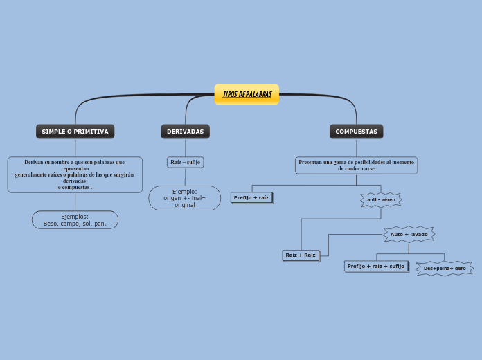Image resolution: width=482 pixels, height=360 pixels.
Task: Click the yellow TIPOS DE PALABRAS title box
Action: [x=247, y=94]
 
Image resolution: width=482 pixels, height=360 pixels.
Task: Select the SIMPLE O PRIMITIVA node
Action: [x=75, y=132]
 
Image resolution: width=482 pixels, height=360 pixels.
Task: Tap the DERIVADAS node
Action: [x=185, y=132]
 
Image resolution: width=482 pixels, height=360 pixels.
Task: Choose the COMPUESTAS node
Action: [x=356, y=132]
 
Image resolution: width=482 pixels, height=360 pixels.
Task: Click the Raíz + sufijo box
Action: [x=185, y=162]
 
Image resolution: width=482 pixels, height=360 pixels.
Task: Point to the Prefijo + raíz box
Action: [x=251, y=197]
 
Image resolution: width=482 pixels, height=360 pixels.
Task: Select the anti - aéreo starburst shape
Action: [x=381, y=199]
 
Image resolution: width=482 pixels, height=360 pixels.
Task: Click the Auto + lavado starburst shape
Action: [x=409, y=234]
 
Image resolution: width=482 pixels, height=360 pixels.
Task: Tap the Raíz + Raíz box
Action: [x=301, y=255]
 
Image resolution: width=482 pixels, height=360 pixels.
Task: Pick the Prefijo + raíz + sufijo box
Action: [x=375, y=266]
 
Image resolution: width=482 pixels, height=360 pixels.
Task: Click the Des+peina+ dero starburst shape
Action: [x=445, y=268]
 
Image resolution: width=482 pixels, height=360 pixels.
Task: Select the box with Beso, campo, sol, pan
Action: [x=75, y=220]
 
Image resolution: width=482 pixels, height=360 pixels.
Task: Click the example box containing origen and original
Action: [x=185, y=198]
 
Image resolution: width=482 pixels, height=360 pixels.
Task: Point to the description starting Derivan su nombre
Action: [x=75, y=174]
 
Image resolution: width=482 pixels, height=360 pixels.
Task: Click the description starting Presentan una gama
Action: [x=356, y=165]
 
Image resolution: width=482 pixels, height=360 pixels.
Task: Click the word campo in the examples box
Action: [x=70, y=224]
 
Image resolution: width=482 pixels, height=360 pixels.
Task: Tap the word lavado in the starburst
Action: [x=418, y=234]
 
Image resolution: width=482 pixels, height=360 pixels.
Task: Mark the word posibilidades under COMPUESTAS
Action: [x=360, y=162]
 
